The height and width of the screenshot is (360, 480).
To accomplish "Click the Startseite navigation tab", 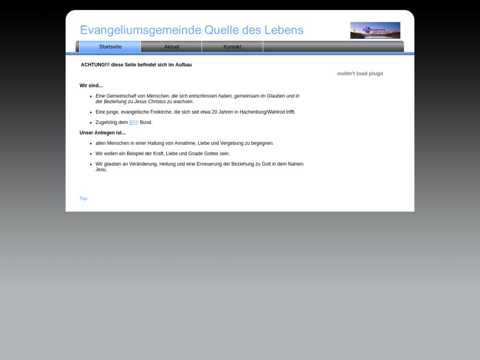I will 110,47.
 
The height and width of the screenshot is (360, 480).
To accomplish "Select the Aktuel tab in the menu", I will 171,47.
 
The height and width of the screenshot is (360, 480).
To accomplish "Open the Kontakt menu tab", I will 232,47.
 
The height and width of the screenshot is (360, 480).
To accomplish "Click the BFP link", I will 133,122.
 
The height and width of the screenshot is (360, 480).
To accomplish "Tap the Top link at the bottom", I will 84,198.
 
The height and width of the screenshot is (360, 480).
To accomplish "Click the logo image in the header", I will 375,30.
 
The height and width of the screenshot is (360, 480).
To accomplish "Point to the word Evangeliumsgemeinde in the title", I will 141,30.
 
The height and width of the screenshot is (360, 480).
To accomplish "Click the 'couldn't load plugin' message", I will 360,73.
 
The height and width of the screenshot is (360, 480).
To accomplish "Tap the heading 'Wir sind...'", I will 91,85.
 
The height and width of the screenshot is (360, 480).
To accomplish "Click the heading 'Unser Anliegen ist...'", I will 103,133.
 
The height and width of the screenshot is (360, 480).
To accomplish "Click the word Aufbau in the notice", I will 183,65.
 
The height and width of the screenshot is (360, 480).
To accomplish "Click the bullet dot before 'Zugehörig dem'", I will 91,123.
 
